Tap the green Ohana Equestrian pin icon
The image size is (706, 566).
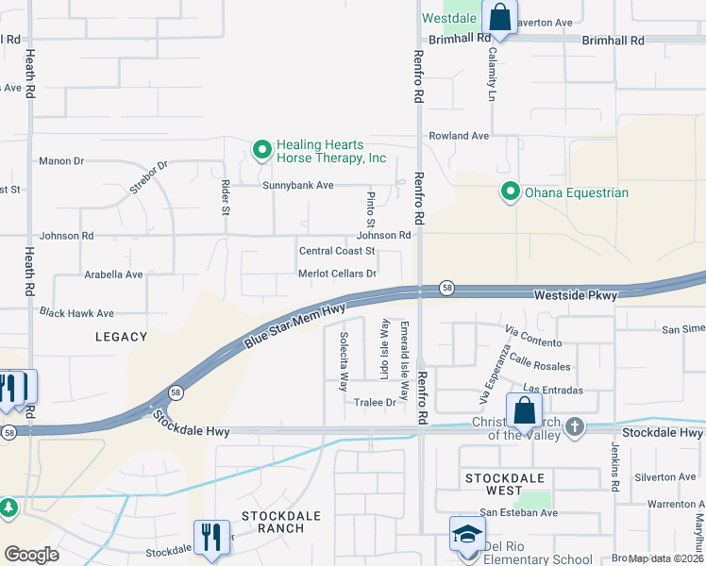click(511, 192)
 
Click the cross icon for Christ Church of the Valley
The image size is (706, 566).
click(573, 426)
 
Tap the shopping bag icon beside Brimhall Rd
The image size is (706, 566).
click(498, 17)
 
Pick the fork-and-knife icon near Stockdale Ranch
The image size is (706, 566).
click(212, 538)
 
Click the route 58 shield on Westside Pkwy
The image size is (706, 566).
click(447, 289)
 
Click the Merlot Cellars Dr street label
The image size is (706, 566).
click(337, 274)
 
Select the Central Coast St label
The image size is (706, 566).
click(337, 251)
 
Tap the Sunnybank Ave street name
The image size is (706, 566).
click(298, 186)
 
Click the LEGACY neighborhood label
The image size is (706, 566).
click(122, 337)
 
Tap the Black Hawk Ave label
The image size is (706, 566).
click(76, 313)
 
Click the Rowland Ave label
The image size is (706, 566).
click(459, 136)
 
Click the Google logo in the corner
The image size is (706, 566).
click(32, 555)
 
